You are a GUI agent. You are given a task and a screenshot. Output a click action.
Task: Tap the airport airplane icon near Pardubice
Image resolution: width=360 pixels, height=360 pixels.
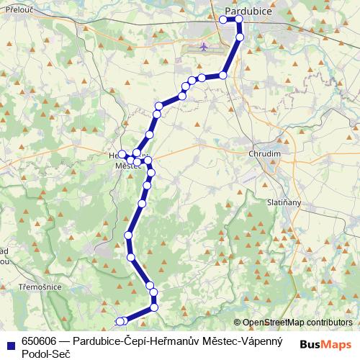pyautogui.click(x=205, y=48)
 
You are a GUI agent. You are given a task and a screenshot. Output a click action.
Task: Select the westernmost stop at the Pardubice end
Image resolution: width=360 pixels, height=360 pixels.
pyautogui.click(x=223, y=19)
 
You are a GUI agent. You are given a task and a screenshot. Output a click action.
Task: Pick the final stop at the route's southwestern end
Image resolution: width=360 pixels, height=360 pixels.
pyautogui.click(x=120, y=321)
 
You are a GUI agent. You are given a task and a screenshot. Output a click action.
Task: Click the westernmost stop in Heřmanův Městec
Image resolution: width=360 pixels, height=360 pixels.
pyautogui.click(x=122, y=153)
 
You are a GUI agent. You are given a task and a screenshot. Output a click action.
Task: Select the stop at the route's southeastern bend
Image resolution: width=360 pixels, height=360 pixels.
pyautogui.click(x=153, y=307)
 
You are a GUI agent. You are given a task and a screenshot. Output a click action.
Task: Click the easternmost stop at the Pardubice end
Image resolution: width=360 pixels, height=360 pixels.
pyautogui.click(x=240, y=19)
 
